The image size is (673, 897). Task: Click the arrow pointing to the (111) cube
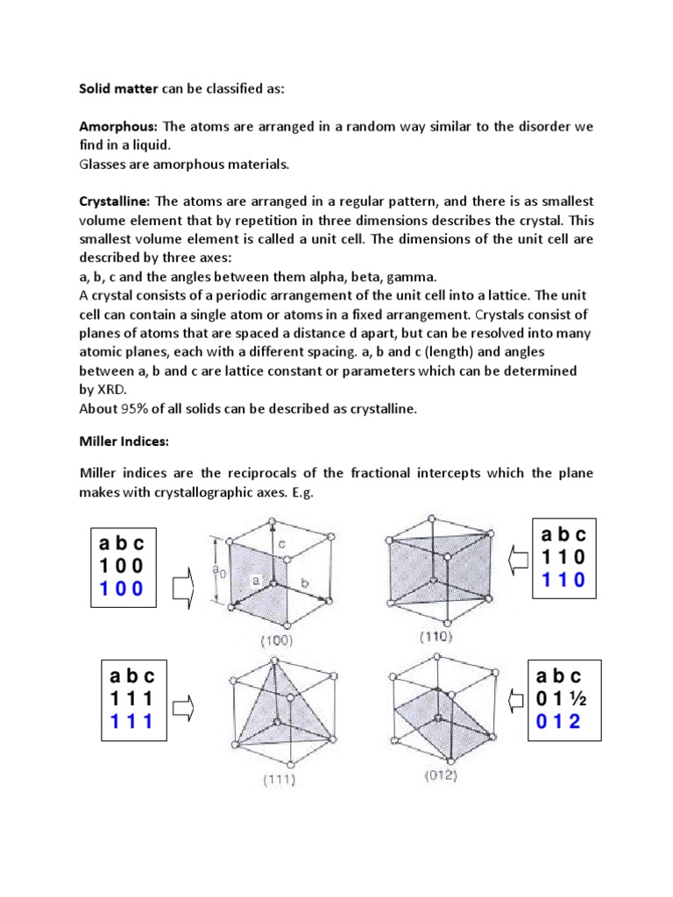pyautogui.click(x=184, y=703)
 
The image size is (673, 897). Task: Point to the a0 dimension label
pyautogui.click(x=218, y=569)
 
